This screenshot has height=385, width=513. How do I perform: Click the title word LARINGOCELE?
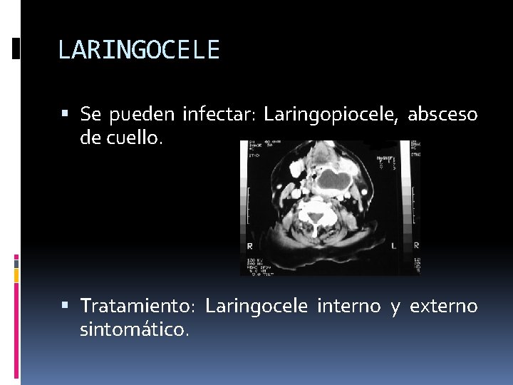(139, 50)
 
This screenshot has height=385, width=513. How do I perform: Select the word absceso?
(442, 114)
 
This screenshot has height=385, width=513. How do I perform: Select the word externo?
(442, 307)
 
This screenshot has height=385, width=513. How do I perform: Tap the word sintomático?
(135, 330)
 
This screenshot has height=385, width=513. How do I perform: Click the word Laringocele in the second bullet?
(256, 307)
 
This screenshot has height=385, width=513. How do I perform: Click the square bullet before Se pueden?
(66, 113)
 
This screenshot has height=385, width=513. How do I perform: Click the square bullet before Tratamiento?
(66, 305)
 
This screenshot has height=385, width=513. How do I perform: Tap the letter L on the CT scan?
(393, 246)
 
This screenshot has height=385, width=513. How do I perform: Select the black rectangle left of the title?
(16, 48)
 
